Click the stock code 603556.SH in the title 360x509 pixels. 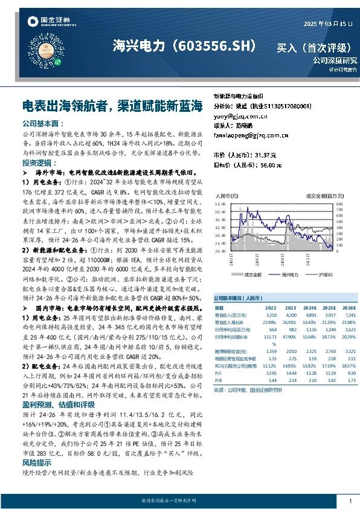[x=218, y=45]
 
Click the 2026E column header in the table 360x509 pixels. [x=347, y=308]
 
